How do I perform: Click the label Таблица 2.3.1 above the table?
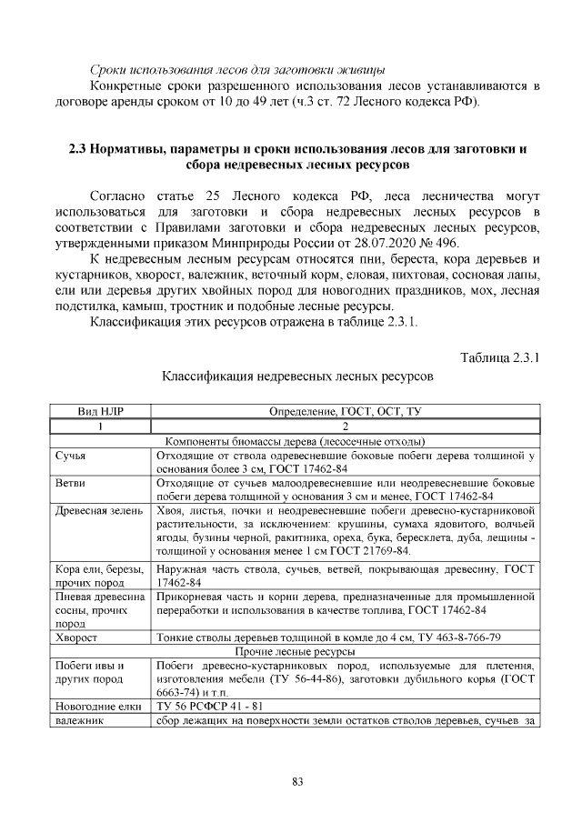pyautogui.click(x=499, y=357)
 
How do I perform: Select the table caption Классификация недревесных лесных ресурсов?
pyautogui.click(x=296, y=375)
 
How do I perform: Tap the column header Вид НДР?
pyautogui.click(x=100, y=412)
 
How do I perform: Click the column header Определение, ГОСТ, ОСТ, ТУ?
pyautogui.click(x=346, y=412)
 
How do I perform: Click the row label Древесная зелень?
pyautogui.click(x=99, y=511)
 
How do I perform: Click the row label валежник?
pyautogui.click(x=80, y=720)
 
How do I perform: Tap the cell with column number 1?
pyautogui.click(x=100, y=426)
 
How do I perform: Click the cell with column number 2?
pyautogui.click(x=346, y=426)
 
